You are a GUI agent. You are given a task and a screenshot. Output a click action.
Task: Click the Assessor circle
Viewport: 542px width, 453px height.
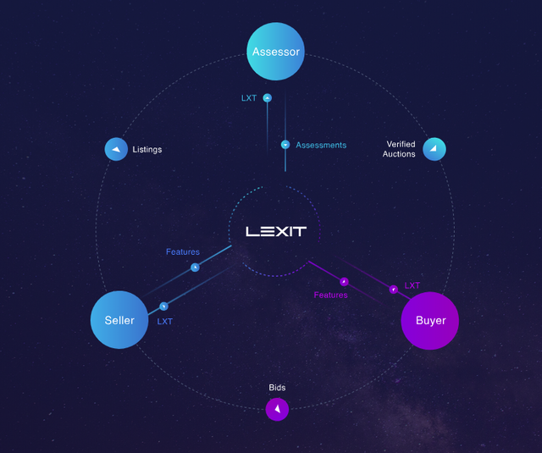tap(276, 52)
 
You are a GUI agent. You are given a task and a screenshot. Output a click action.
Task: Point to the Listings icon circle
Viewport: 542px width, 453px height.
tap(116, 149)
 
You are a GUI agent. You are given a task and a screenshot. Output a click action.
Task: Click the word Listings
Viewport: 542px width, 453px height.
tap(147, 150)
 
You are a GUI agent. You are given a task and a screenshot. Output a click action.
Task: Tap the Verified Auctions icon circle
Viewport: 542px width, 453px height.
tap(434, 149)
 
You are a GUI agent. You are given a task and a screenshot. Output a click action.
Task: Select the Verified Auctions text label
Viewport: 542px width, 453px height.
tap(399, 149)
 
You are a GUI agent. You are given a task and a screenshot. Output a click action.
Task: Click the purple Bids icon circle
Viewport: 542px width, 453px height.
tap(277, 410)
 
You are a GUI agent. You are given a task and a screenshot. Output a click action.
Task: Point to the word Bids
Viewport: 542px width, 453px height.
tap(277, 388)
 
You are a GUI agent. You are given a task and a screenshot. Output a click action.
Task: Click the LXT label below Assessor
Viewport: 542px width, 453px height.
tap(249, 98)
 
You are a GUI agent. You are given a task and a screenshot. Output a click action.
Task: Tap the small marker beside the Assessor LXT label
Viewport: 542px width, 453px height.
tap(268, 98)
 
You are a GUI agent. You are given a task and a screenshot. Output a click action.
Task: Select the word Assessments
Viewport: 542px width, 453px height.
tap(321, 145)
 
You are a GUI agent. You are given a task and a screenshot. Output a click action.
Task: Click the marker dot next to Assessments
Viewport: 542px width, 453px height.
tap(285, 145)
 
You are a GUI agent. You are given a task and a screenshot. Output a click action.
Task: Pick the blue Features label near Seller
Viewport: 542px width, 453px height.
tap(183, 251)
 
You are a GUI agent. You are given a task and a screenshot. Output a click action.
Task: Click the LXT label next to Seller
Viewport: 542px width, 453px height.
tap(165, 321)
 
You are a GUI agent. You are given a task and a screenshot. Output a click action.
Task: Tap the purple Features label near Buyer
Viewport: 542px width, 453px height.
tap(330, 295)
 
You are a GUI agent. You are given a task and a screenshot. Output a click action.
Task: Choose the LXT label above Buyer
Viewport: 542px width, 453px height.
tap(412, 285)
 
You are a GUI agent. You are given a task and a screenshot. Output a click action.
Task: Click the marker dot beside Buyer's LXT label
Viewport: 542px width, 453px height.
tap(393, 290)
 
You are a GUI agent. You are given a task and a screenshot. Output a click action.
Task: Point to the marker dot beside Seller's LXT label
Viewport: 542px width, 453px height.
tap(163, 307)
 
